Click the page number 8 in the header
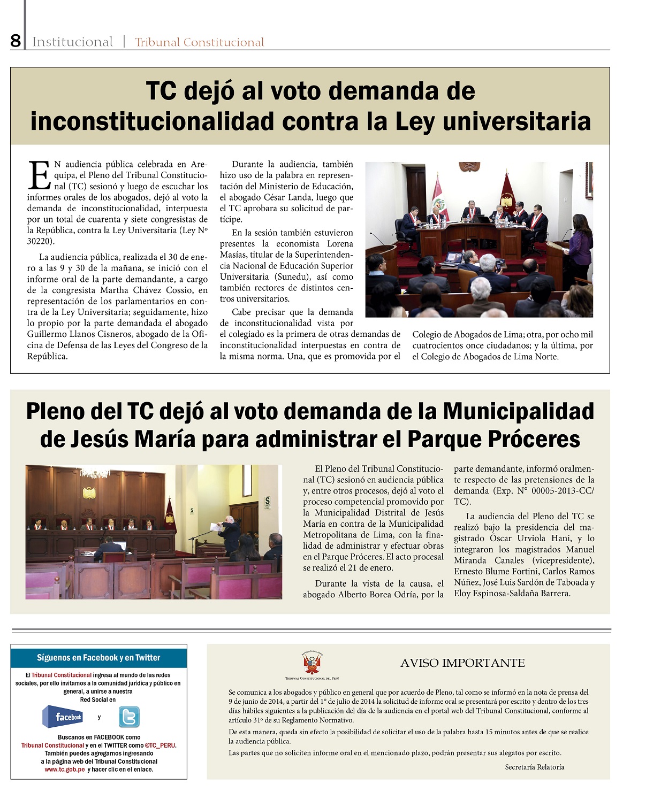(16, 41)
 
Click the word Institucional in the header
(72, 42)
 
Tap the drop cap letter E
(39, 175)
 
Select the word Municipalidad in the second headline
(518, 411)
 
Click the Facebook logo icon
(63, 717)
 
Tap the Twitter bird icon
(129, 717)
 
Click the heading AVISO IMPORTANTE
(462, 663)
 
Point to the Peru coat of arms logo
(312, 663)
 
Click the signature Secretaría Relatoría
(534, 767)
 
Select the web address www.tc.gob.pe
(65, 770)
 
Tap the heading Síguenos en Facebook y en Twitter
(98, 658)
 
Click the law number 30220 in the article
(40, 242)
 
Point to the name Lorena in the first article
(340, 244)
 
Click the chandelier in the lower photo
(95, 473)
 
